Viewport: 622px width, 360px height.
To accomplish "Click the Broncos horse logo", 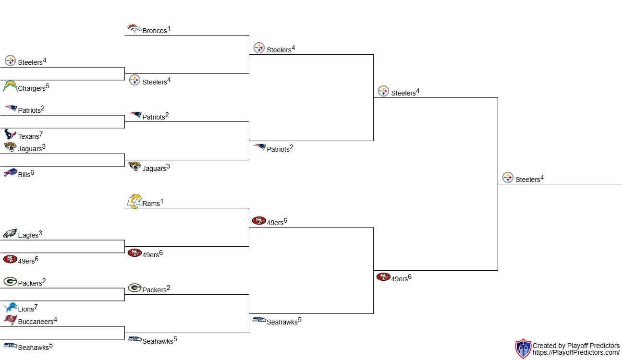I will click(134, 29).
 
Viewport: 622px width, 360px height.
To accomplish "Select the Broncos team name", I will click(155, 31).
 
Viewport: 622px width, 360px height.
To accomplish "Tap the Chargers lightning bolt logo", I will click(10, 86).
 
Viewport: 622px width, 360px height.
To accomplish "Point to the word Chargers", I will click(31, 89).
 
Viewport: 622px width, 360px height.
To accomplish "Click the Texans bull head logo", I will click(10, 134).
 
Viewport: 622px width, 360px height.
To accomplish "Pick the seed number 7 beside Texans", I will click(41, 134).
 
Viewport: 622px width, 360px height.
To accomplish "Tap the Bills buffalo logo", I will click(10, 173).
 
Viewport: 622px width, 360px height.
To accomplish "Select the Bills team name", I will click(24, 175).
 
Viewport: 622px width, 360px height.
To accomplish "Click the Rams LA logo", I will click(134, 201).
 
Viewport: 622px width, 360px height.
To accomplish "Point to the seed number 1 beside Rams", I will click(162, 201).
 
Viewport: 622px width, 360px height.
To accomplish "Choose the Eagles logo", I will click(10, 234).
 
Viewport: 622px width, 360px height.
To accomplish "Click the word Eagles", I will click(28, 236).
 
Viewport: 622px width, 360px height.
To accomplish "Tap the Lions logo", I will click(10, 307).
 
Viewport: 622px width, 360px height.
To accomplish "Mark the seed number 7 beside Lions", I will click(36, 307).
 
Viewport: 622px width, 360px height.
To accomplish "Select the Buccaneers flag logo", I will click(10, 320).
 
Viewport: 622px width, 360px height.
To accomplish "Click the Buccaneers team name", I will click(35, 322).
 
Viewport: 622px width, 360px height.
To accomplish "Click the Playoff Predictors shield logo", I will click(523, 348).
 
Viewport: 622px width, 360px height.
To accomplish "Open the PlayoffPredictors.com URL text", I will click(576, 353).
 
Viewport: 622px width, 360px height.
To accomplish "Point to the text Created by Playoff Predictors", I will click(576, 346).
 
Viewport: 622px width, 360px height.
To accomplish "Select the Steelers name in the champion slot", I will click(527, 180).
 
